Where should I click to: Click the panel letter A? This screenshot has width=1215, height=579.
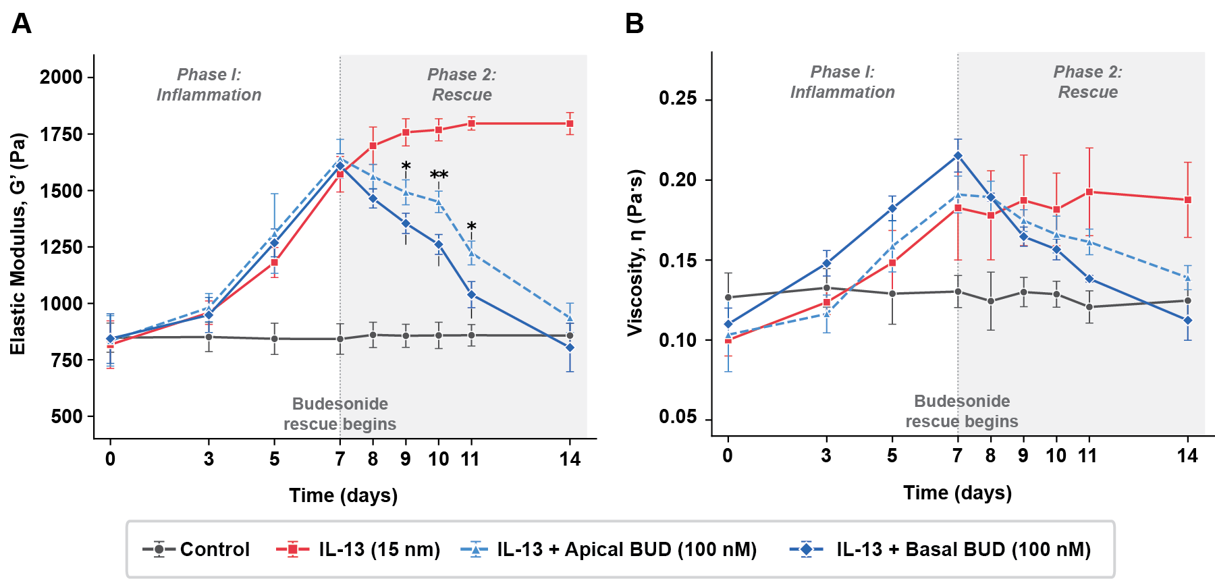[x=21, y=24]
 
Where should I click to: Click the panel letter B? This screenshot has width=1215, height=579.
[x=634, y=24]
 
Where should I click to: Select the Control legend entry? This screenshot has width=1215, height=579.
[x=196, y=549]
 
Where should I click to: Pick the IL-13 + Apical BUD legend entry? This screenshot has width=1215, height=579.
[x=609, y=549]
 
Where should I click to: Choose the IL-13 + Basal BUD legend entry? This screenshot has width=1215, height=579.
[x=941, y=549]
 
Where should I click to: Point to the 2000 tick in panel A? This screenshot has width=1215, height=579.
[x=61, y=77]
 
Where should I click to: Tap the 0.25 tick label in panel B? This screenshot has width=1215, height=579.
[x=678, y=99]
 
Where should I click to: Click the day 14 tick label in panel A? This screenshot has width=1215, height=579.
[x=570, y=460]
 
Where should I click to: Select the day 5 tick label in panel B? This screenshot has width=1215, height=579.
[x=892, y=456]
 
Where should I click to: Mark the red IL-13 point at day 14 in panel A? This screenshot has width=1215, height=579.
[x=570, y=123]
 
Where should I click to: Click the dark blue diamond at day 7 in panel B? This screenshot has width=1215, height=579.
[x=957, y=156]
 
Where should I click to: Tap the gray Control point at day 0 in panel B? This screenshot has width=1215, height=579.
[x=728, y=297]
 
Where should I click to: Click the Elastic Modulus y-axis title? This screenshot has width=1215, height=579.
[x=18, y=243]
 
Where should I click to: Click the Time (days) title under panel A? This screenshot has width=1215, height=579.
[x=343, y=495]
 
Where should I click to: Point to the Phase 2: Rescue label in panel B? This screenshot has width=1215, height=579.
[x=1087, y=82]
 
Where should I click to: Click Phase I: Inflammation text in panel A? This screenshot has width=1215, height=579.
[x=209, y=84]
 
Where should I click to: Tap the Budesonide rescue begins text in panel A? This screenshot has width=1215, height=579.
[x=340, y=414]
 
